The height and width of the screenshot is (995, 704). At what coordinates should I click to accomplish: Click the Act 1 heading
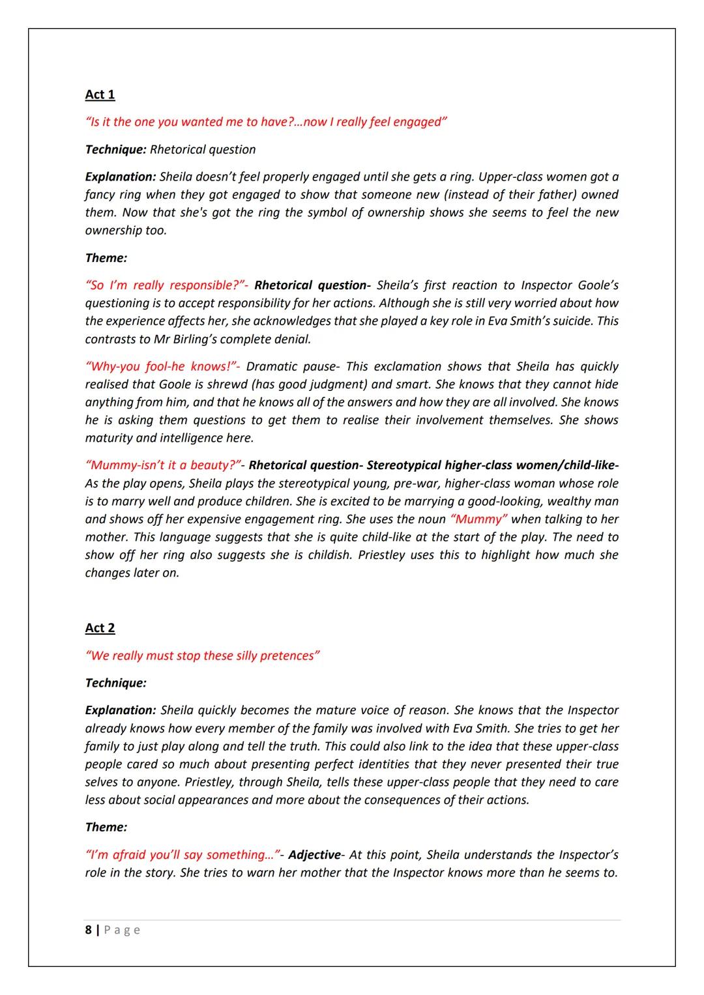[100, 94]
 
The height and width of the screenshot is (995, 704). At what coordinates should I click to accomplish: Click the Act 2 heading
[100, 628]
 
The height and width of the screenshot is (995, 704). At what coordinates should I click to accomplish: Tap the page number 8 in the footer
[88, 930]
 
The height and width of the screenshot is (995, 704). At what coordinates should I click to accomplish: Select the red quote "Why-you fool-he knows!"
[162, 367]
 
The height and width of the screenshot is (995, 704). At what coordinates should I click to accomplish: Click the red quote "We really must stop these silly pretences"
[202, 656]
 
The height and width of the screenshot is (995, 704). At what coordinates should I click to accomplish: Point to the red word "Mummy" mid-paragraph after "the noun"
[479, 519]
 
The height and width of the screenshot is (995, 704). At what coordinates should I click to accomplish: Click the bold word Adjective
[314, 855]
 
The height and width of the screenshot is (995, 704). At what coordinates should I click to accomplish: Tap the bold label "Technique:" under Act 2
[115, 683]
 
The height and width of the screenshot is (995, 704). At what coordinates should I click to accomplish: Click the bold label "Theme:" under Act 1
[106, 258]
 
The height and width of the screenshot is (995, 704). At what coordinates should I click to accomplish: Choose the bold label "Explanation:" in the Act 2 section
[121, 710]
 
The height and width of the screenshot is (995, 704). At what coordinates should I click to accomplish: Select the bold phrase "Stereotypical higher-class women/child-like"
[491, 465]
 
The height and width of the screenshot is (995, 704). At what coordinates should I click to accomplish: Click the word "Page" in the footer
[122, 930]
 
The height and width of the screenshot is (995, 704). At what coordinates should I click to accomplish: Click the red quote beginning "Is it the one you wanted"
[266, 122]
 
